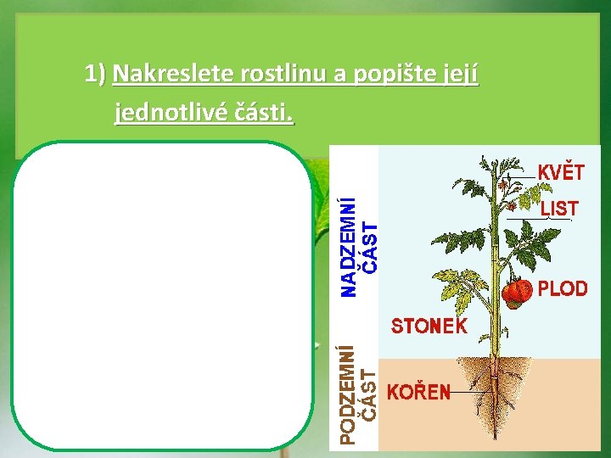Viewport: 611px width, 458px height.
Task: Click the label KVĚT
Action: point(561,172)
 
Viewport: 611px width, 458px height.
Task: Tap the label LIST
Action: point(559,209)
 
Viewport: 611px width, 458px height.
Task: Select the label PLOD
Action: point(563,289)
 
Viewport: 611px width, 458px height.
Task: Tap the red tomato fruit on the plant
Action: point(516,293)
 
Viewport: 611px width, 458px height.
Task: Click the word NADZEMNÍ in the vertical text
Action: point(347,247)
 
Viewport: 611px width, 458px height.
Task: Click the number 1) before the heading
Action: point(95,75)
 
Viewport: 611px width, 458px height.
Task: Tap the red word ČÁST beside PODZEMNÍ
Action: point(368,395)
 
